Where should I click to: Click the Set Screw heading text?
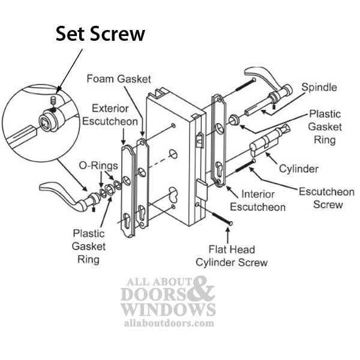(x=100, y=34)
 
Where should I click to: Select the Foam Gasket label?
(x=118, y=79)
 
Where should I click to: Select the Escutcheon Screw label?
(x=326, y=198)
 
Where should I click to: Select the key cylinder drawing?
(x=269, y=142)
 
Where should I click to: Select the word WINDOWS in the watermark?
(x=167, y=310)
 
